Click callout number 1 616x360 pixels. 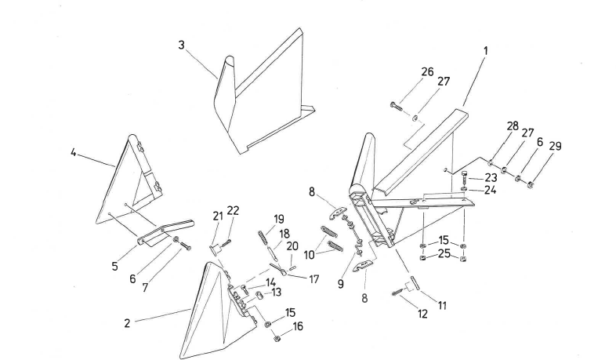(486, 52)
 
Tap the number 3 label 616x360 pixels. (181, 45)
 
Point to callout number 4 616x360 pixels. (74, 152)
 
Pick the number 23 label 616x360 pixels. (491, 177)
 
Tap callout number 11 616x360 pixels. (442, 306)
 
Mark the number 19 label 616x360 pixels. (279, 218)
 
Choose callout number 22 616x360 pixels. (233, 210)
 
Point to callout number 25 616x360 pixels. (444, 254)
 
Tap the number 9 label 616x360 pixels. (341, 285)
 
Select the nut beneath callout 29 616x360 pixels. (531, 185)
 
